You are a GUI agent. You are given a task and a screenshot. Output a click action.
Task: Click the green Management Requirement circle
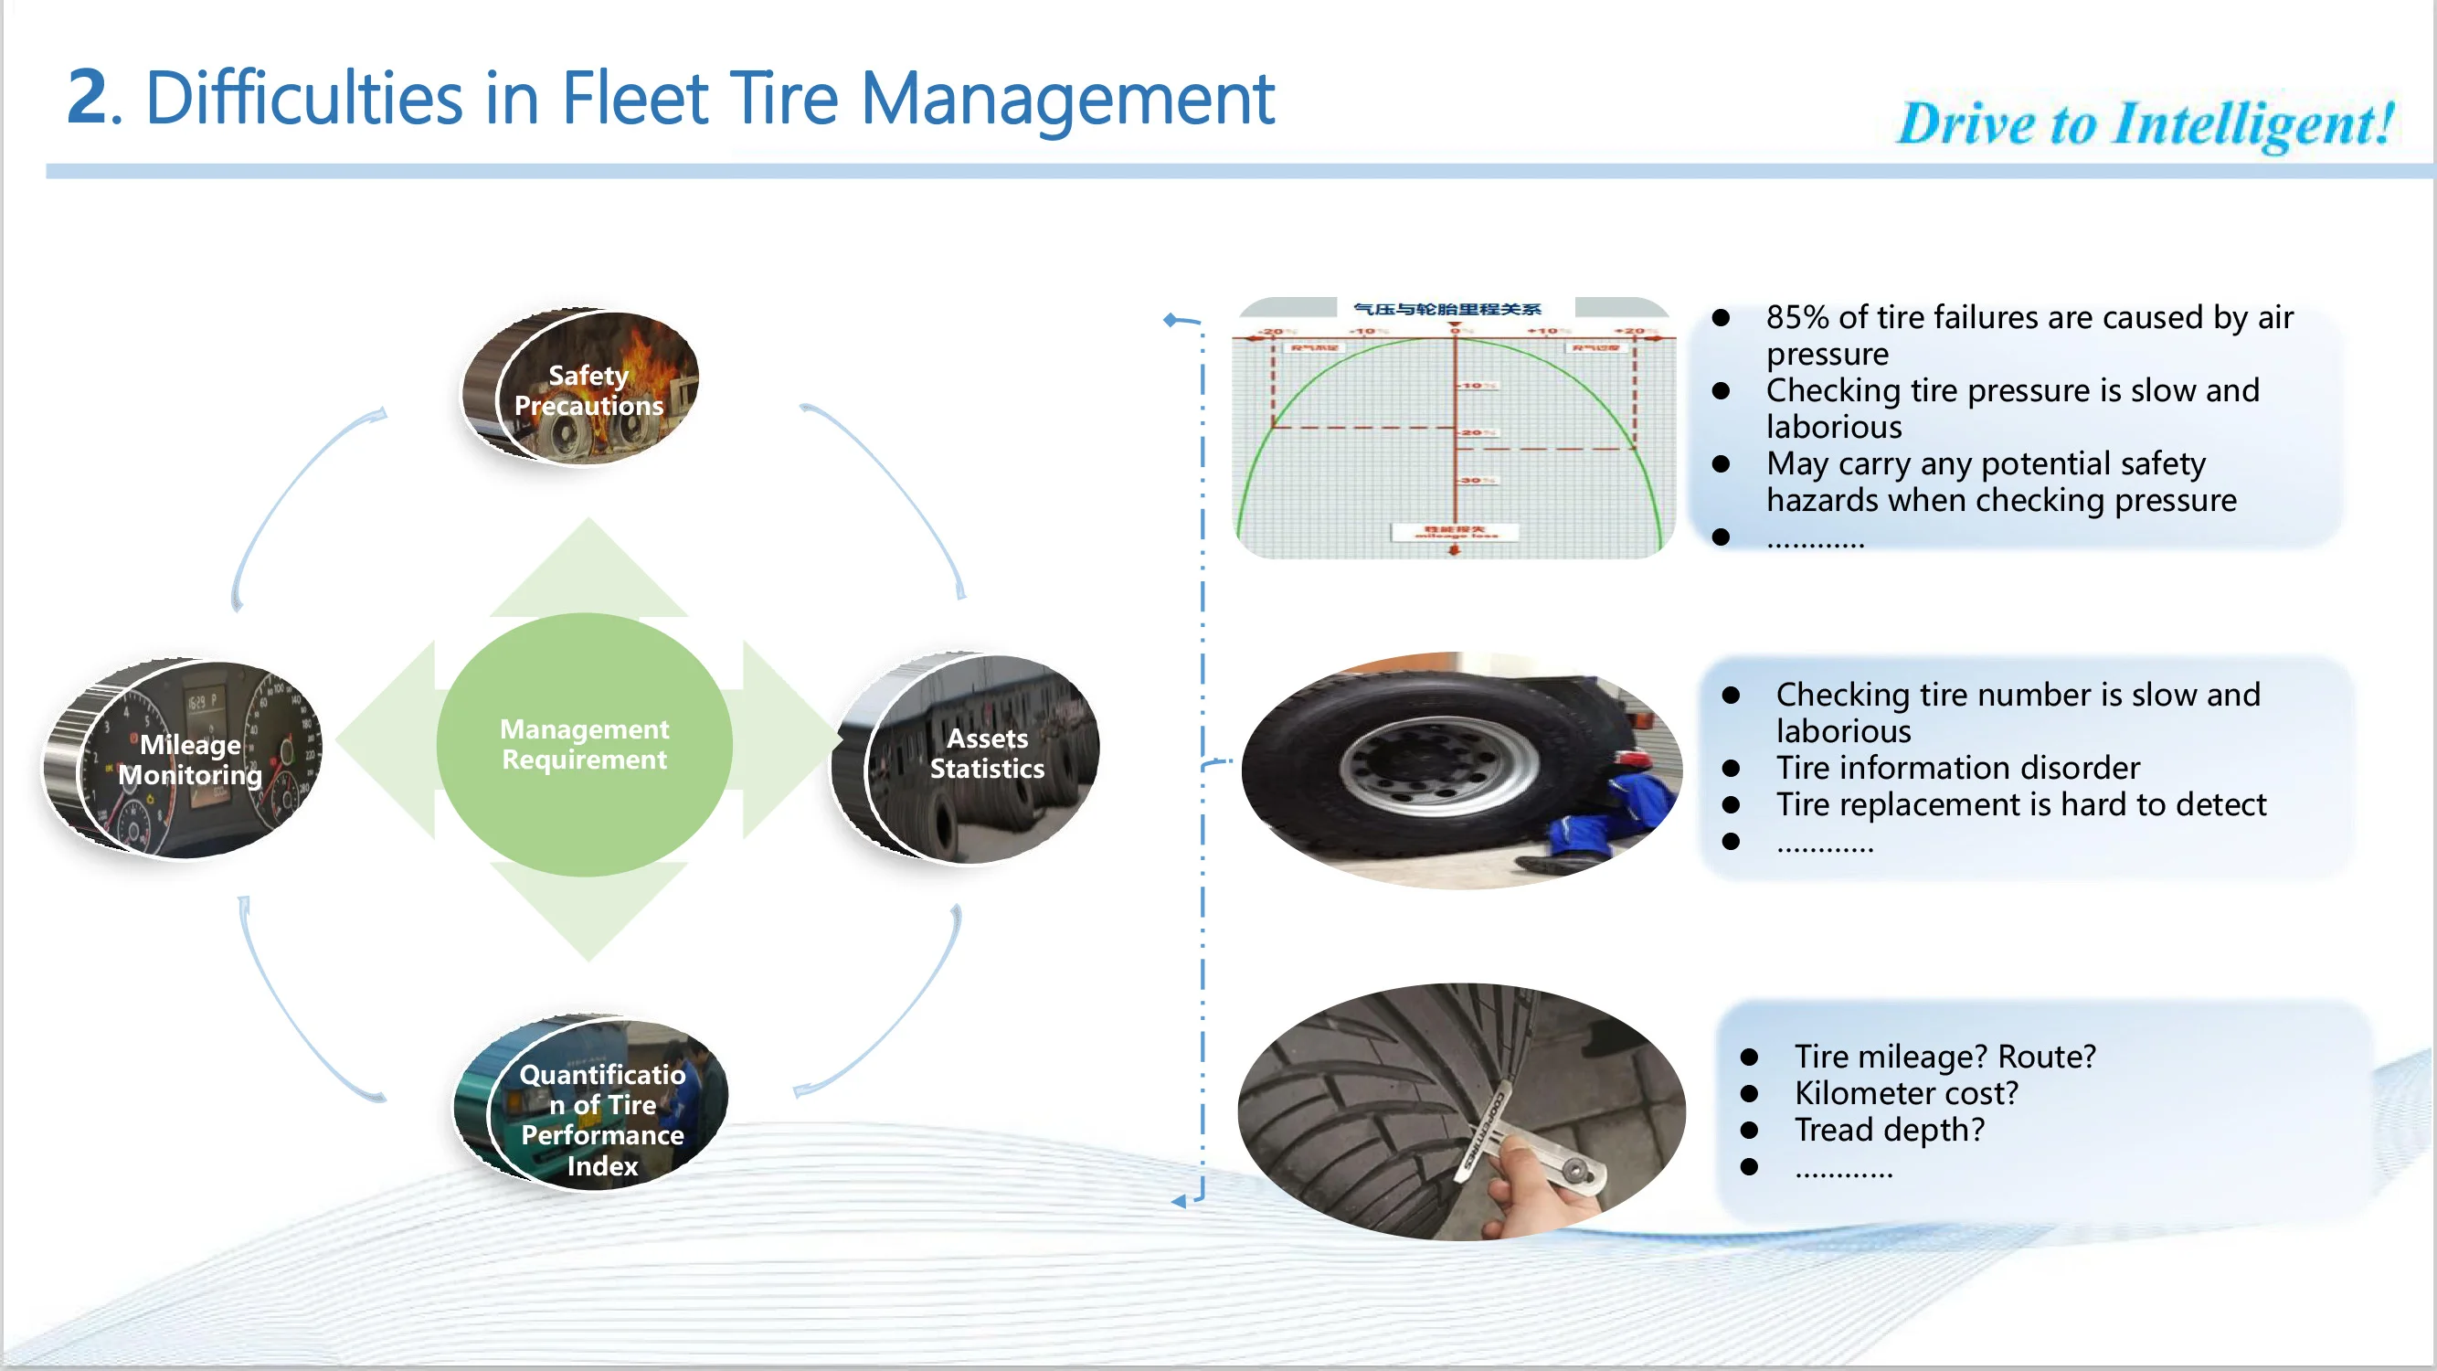point(584,744)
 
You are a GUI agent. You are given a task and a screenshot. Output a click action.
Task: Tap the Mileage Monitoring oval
point(187,759)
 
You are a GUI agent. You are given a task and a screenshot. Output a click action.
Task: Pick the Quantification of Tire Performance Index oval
point(596,1105)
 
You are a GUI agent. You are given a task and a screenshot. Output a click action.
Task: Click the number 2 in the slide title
point(87,98)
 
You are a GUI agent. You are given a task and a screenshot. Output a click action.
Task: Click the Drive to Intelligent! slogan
point(2145,124)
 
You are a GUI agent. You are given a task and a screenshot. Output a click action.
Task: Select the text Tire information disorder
point(1956,768)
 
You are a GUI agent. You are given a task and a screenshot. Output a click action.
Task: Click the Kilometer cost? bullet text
point(1905,1093)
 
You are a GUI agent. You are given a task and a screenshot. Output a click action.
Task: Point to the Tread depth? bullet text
point(1889,1130)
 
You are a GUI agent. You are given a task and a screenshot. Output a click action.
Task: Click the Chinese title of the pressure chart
point(1446,310)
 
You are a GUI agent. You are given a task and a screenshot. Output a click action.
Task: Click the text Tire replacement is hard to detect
point(2019,804)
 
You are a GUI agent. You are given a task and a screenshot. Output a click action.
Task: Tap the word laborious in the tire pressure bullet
point(1833,428)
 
